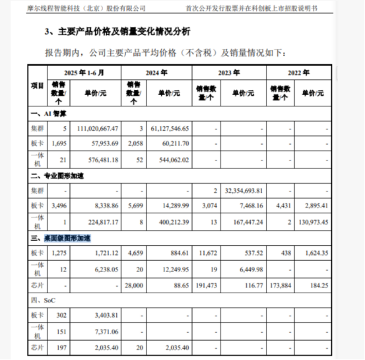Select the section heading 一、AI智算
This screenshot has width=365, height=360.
tap(50, 115)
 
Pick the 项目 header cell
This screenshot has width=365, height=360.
tap(37, 86)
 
